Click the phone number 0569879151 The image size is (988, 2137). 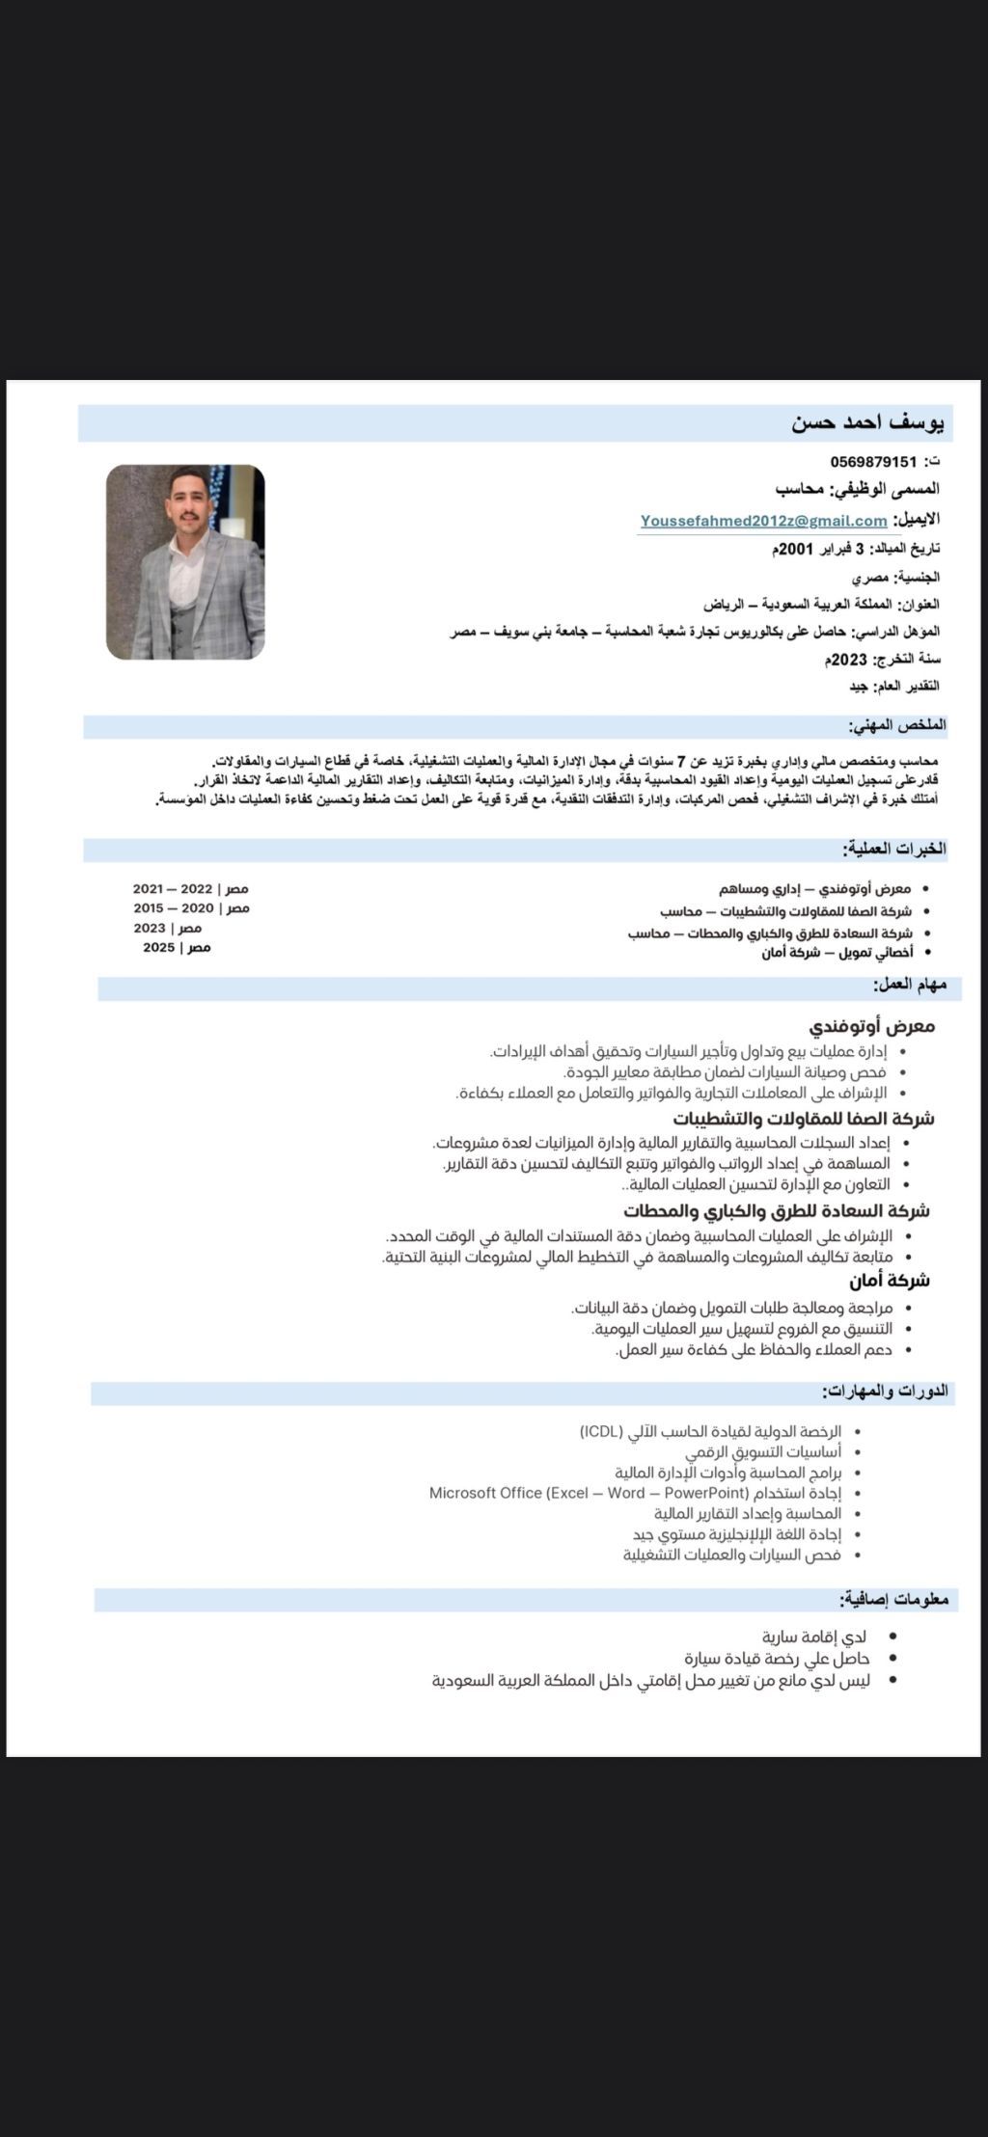[873, 462]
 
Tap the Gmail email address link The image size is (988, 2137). [763, 522]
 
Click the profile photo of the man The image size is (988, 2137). [185, 562]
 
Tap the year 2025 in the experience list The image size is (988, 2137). [159, 948]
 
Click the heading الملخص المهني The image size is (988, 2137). [896, 725]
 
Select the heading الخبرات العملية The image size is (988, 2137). [893, 850]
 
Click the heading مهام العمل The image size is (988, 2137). [909, 985]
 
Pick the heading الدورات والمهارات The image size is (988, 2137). [885, 1391]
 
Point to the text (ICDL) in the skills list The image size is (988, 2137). [601, 1431]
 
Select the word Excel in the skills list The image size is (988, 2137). [568, 1493]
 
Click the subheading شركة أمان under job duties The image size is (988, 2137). [890, 1281]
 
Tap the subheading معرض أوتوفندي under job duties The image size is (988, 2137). [872, 1026]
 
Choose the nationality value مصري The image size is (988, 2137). [870, 579]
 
